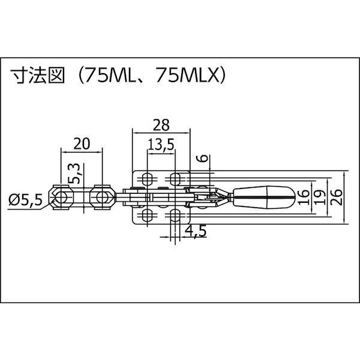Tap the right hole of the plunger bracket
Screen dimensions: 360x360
(101, 196)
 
